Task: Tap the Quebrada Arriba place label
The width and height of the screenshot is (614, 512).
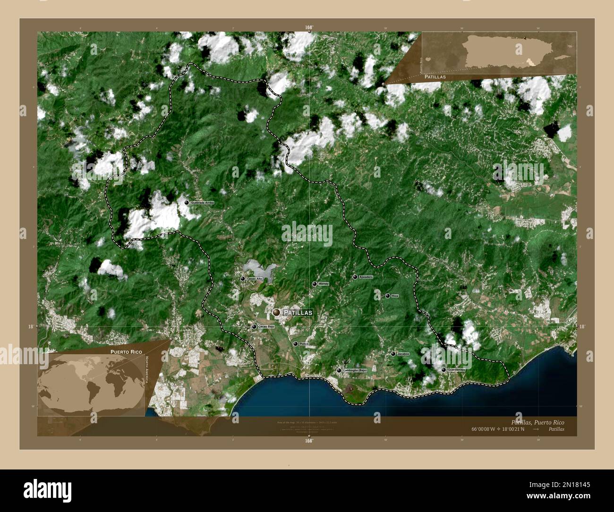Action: tap(202, 203)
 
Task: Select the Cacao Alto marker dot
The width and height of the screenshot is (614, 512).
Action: tap(242, 279)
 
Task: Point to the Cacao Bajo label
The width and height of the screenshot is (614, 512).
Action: tap(266, 326)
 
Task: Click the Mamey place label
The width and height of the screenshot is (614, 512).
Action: tap(324, 284)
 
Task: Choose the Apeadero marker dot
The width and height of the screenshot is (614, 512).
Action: tap(355, 277)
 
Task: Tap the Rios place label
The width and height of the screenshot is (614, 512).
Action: tap(395, 296)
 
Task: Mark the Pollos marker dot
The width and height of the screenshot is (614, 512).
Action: tap(295, 344)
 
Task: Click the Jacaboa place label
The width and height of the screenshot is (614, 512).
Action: tap(403, 354)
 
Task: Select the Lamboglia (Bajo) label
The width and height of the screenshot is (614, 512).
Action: tap(355, 370)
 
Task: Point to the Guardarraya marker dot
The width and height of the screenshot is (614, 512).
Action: tap(443, 369)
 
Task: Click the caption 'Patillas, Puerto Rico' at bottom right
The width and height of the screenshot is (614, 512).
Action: tap(537, 422)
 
